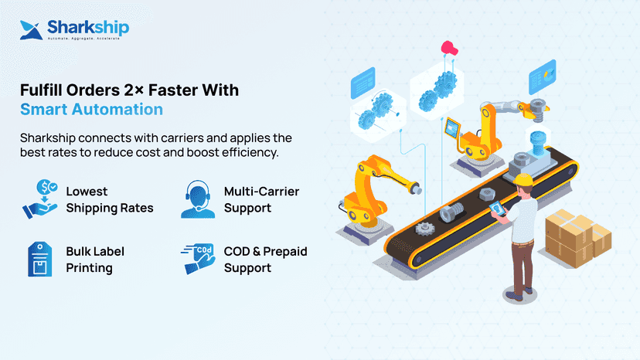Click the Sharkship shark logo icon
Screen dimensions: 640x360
coord(31,30)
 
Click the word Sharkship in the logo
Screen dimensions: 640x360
coord(88,27)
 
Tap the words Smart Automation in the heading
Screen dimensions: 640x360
coord(91,110)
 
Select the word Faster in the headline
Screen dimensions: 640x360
coord(170,90)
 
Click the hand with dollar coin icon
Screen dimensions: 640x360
coord(40,199)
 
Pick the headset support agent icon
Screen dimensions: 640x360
coord(198,199)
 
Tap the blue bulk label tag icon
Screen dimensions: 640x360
coord(39,259)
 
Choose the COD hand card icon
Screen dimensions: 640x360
coord(198,259)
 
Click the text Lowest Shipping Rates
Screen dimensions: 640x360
coord(110,199)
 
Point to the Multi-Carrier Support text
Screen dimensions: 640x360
coord(261,199)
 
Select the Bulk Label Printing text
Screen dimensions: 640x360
coord(95,260)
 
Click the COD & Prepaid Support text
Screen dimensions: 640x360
coord(266,260)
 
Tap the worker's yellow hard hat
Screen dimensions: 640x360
coord(524,179)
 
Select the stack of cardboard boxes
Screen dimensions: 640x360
coord(578,239)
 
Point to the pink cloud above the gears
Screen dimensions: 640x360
coord(449,48)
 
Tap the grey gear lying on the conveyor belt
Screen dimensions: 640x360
coord(425,229)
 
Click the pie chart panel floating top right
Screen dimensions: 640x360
coord(543,76)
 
